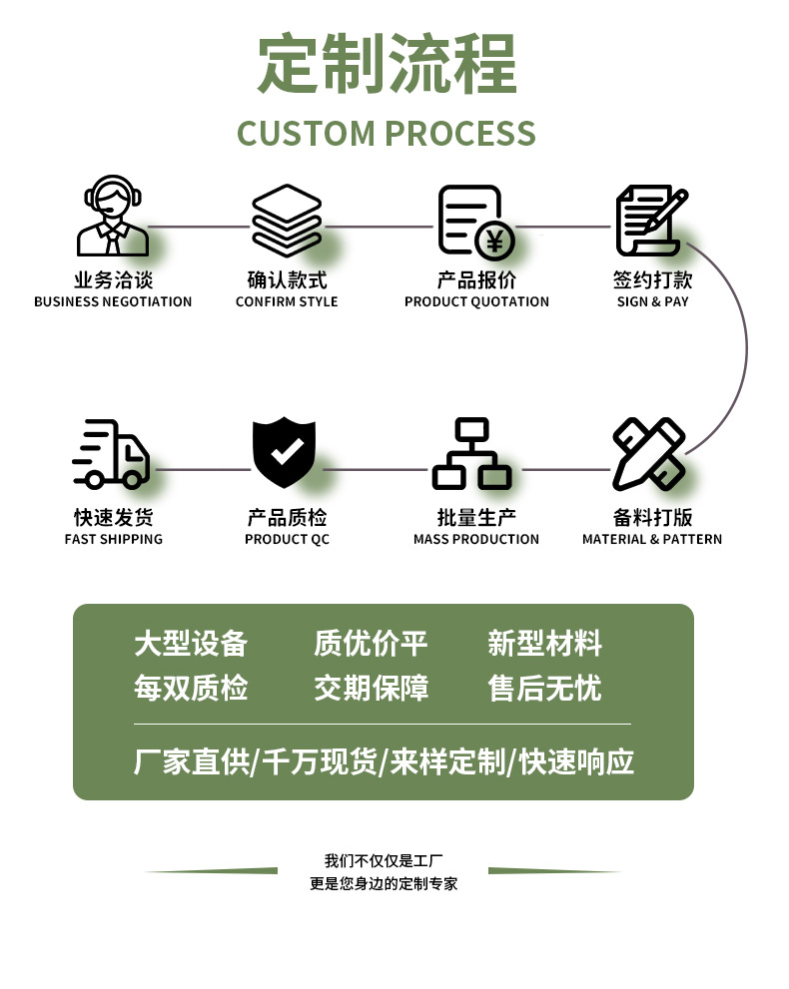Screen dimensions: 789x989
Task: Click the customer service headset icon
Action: click(x=112, y=216)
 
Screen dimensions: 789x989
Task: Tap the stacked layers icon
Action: click(x=287, y=221)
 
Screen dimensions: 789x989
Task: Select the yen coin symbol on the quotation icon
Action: click(x=494, y=241)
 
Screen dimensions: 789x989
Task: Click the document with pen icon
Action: click(x=651, y=221)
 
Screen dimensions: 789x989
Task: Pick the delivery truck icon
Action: click(x=111, y=454)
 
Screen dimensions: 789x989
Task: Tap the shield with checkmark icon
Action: click(x=284, y=452)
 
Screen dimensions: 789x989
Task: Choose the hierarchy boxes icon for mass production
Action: click(x=471, y=453)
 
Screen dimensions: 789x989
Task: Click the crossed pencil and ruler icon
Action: click(x=649, y=454)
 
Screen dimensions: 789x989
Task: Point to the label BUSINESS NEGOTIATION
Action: click(x=113, y=302)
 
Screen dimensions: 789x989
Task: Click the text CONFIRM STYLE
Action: click(x=287, y=302)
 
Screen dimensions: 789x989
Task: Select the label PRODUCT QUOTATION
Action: click(x=476, y=302)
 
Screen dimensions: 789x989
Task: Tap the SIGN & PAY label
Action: click(x=652, y=302)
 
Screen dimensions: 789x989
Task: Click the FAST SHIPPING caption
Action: click(x=114, y=539)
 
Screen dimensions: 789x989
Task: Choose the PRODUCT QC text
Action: click(x=288, y=539)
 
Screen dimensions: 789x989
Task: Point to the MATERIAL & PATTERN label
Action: click(x=652, y=539)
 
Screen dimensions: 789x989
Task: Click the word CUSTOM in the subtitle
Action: click(x=307, y=134)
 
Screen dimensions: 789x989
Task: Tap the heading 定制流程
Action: click(x=387, y=64)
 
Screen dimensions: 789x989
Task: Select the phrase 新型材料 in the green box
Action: click(x=544, y=644)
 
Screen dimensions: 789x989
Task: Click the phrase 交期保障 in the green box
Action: click(x=372, y=688)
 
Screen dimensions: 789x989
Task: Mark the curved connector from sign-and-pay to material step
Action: click(x=747, y=347)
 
